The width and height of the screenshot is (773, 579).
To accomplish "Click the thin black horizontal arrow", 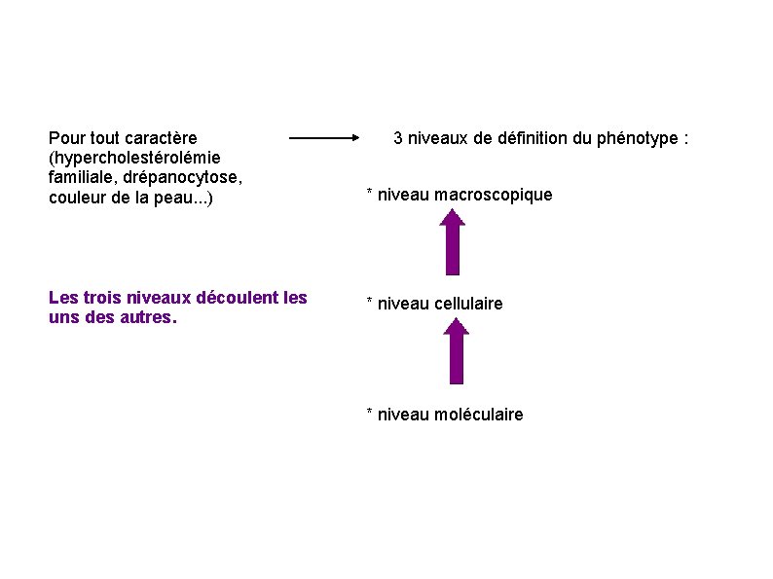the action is click(325, 138).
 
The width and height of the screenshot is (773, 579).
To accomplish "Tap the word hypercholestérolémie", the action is click(134, 158).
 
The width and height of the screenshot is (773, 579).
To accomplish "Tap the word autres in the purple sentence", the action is click(144, 317).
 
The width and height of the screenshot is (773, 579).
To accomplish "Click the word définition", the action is click(533, 138).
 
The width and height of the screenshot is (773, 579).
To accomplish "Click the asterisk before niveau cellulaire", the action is click(369, 303).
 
